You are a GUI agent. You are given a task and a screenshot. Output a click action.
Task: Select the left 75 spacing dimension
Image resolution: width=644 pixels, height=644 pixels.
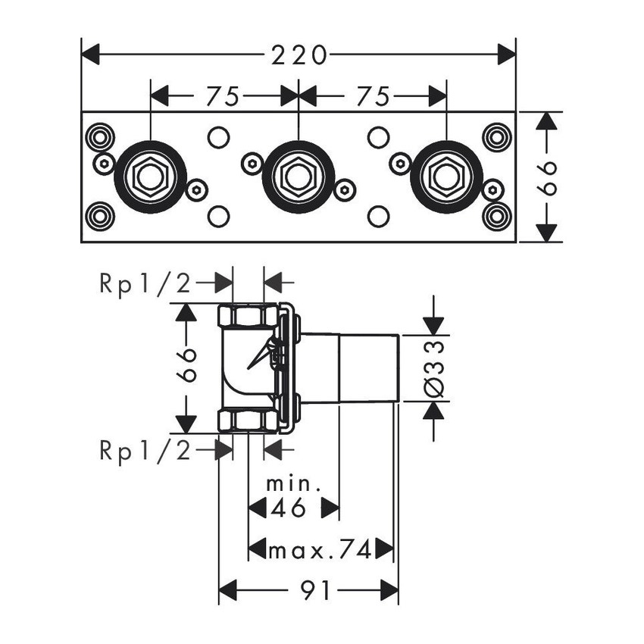tap(224, 96)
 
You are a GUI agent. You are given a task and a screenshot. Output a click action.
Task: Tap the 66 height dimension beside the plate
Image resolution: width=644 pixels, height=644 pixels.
tap(550, 177)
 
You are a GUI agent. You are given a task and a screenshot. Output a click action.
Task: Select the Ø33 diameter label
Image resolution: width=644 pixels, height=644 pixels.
tap(434, 367)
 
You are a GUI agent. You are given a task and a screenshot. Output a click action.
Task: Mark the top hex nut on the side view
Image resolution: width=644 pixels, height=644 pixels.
tap(247, 314)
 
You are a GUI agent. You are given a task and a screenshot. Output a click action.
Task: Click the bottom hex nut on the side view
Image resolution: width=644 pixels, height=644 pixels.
tap(247, 420)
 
